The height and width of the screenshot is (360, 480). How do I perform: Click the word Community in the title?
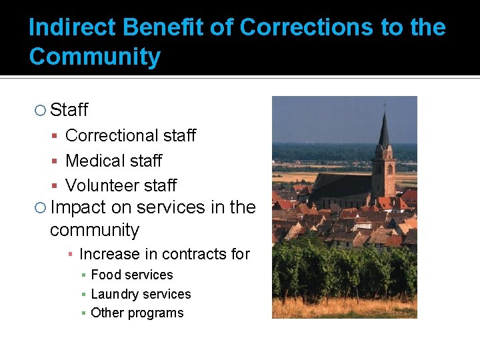click(x=95, y=57)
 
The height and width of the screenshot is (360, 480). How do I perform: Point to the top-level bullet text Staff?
click(x=69, y=110)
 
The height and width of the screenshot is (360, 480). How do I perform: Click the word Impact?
click(x=78, y=208)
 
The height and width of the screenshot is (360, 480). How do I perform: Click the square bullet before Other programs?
click(x=83, y=313)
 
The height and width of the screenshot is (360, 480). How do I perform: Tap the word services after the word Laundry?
click(x=168, y=294)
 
